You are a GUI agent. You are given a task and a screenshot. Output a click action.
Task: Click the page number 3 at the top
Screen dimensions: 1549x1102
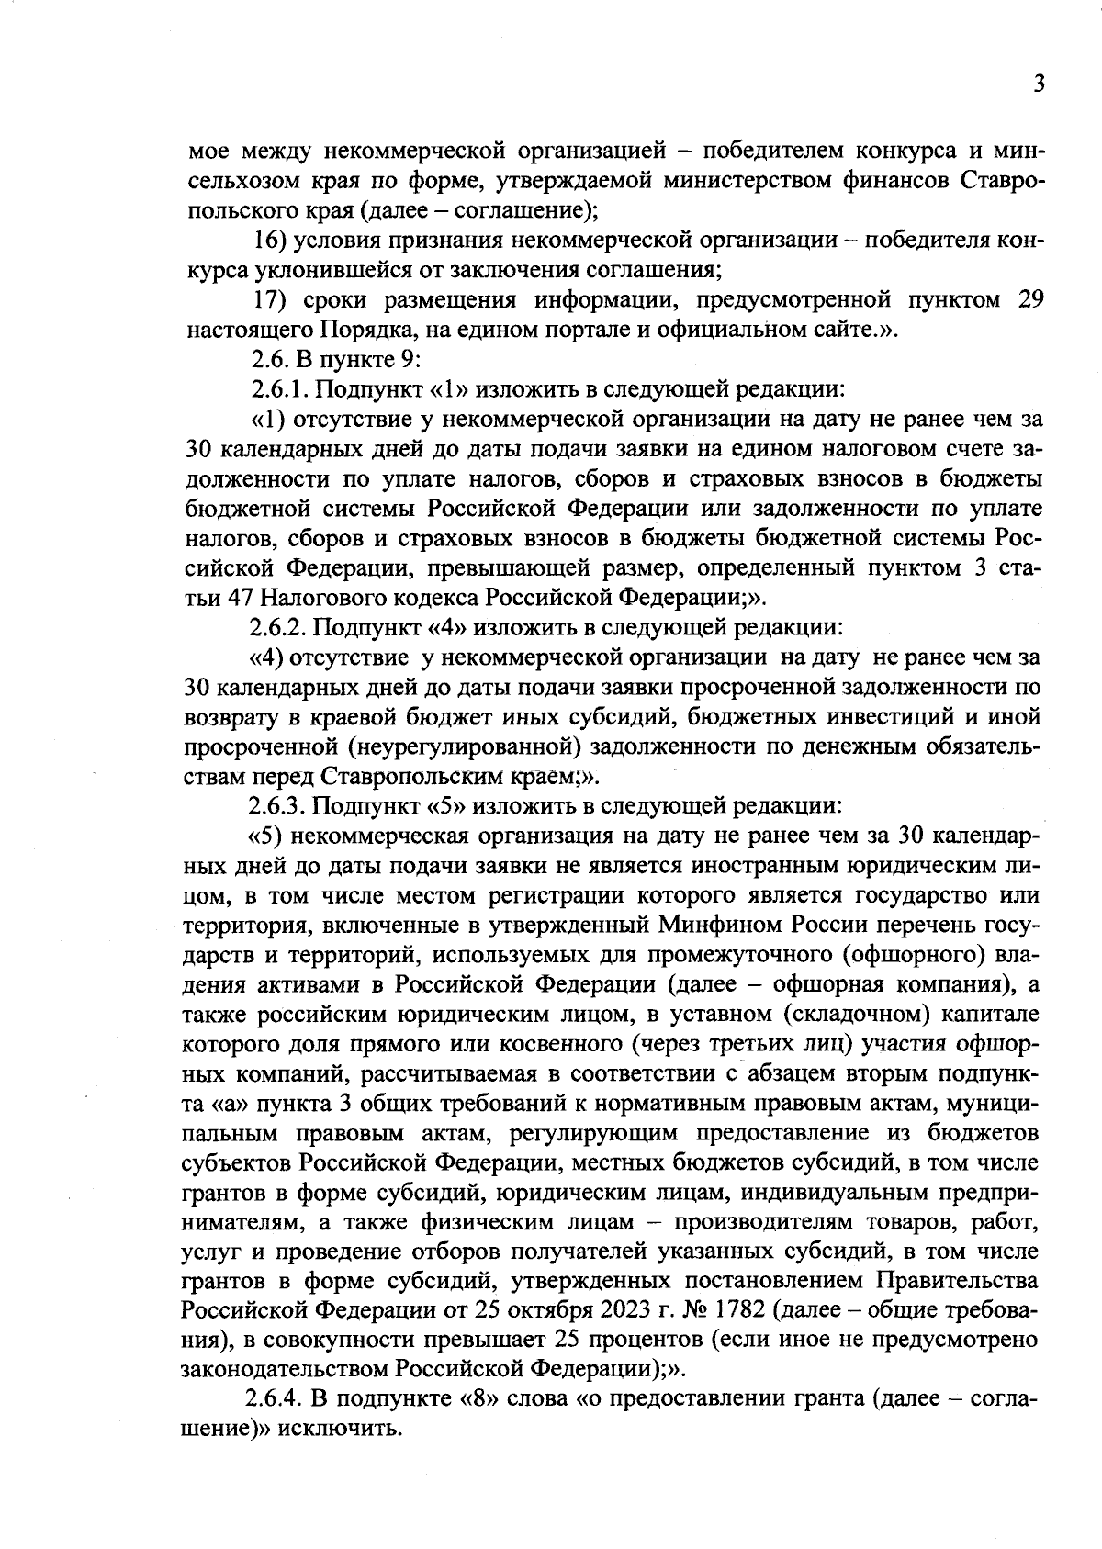click(1038, 84)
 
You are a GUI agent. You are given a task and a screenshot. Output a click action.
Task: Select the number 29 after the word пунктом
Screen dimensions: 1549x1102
click(1029, 300)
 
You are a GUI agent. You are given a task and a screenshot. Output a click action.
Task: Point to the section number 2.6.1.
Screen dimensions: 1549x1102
click(279, 388)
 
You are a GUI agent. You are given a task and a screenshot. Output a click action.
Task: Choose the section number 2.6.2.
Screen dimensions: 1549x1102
click(279, 628)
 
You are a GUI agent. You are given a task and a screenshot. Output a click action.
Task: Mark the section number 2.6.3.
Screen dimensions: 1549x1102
click(279, 805)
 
